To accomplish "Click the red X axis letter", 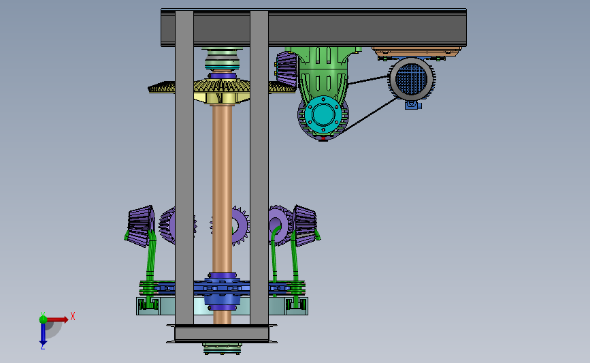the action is coord(73,316).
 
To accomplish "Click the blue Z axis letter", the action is coord(42,347).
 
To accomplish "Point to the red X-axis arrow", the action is coord(57,319).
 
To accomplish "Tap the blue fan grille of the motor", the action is coord(412,79).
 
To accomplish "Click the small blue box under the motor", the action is coord(413,105).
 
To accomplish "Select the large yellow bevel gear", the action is coord(222,89).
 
